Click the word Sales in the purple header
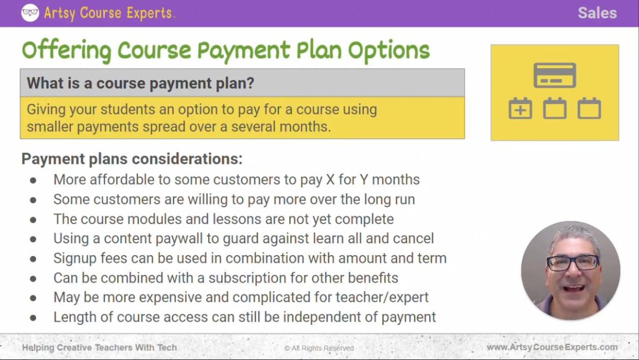[597, 13]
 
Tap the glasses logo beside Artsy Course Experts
[30, 13]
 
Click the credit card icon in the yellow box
[554, 75]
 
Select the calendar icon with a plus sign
[520, 109]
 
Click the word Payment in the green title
[243, 51]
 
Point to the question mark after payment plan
[250, 84]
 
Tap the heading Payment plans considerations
[132, 159]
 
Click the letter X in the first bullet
[330, 180]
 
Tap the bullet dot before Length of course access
[34, 318]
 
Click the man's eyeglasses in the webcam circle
[572, 263]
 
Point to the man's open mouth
[574, 288]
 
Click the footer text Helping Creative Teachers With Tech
[99, 348]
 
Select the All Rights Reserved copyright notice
[319, 348]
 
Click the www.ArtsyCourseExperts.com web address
[552, 347]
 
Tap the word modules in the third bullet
[146, 219]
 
